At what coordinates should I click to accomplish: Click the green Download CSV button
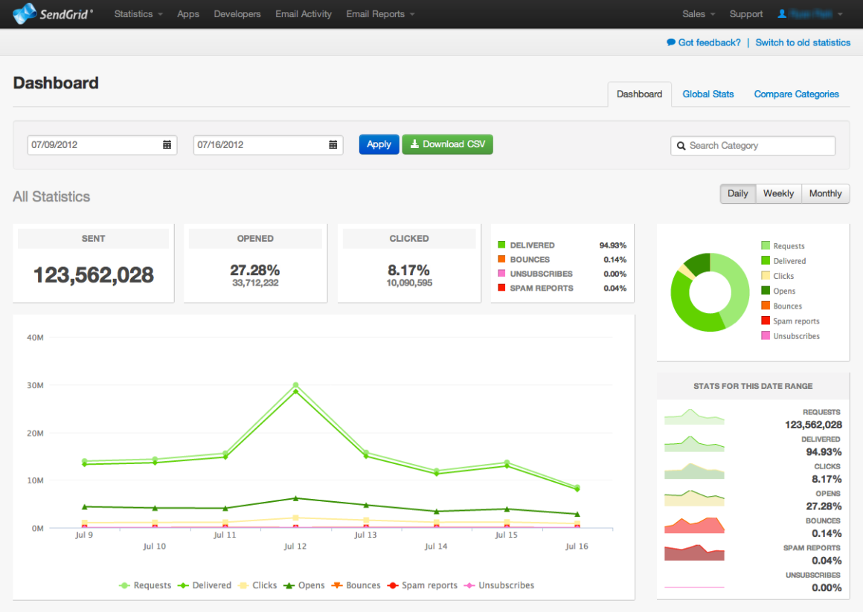coord(447,144)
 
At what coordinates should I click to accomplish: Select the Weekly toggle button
coord(778,193)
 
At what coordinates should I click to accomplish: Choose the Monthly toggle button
coord(825,193)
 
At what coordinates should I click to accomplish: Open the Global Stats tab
coord(708,94)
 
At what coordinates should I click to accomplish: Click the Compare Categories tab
coord(796,94)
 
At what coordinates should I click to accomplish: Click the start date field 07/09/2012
coord(93,145)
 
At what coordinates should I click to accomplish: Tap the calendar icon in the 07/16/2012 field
coord(333,144)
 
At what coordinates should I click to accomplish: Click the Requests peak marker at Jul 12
coord(295,385)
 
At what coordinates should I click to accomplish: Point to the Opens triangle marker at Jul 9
coord(85,507)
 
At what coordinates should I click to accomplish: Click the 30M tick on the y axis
coord(36,385)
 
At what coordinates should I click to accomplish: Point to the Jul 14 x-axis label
coord(435,547)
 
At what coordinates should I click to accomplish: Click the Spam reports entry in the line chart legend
coord(423,585)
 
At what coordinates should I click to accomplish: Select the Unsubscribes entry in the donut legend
coord(795,336)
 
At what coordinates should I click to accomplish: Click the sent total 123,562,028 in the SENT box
coord(94,274)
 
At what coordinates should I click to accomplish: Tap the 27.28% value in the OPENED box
coord(255,269)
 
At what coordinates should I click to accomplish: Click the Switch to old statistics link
coord(803,42)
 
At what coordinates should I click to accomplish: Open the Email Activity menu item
coord(303,14)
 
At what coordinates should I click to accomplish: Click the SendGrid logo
coord(54,13)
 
